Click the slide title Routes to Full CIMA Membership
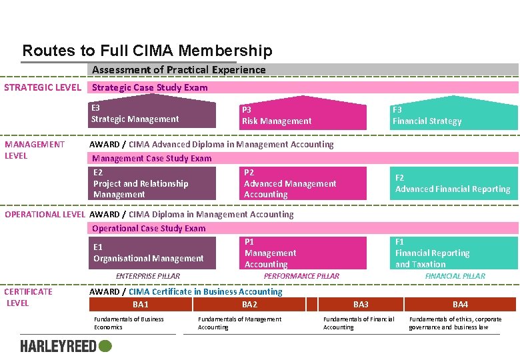147,51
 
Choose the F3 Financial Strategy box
453,115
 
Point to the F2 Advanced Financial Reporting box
453,183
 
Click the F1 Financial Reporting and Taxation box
453,253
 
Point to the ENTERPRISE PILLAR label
148,276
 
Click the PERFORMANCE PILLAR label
301,276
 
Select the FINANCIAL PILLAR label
455,276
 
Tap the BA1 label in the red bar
141,305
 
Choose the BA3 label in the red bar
361,305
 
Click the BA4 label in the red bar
460,305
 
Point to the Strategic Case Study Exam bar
303,87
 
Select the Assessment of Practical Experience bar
303,70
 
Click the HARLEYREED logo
66,346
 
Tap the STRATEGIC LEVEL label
43,87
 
